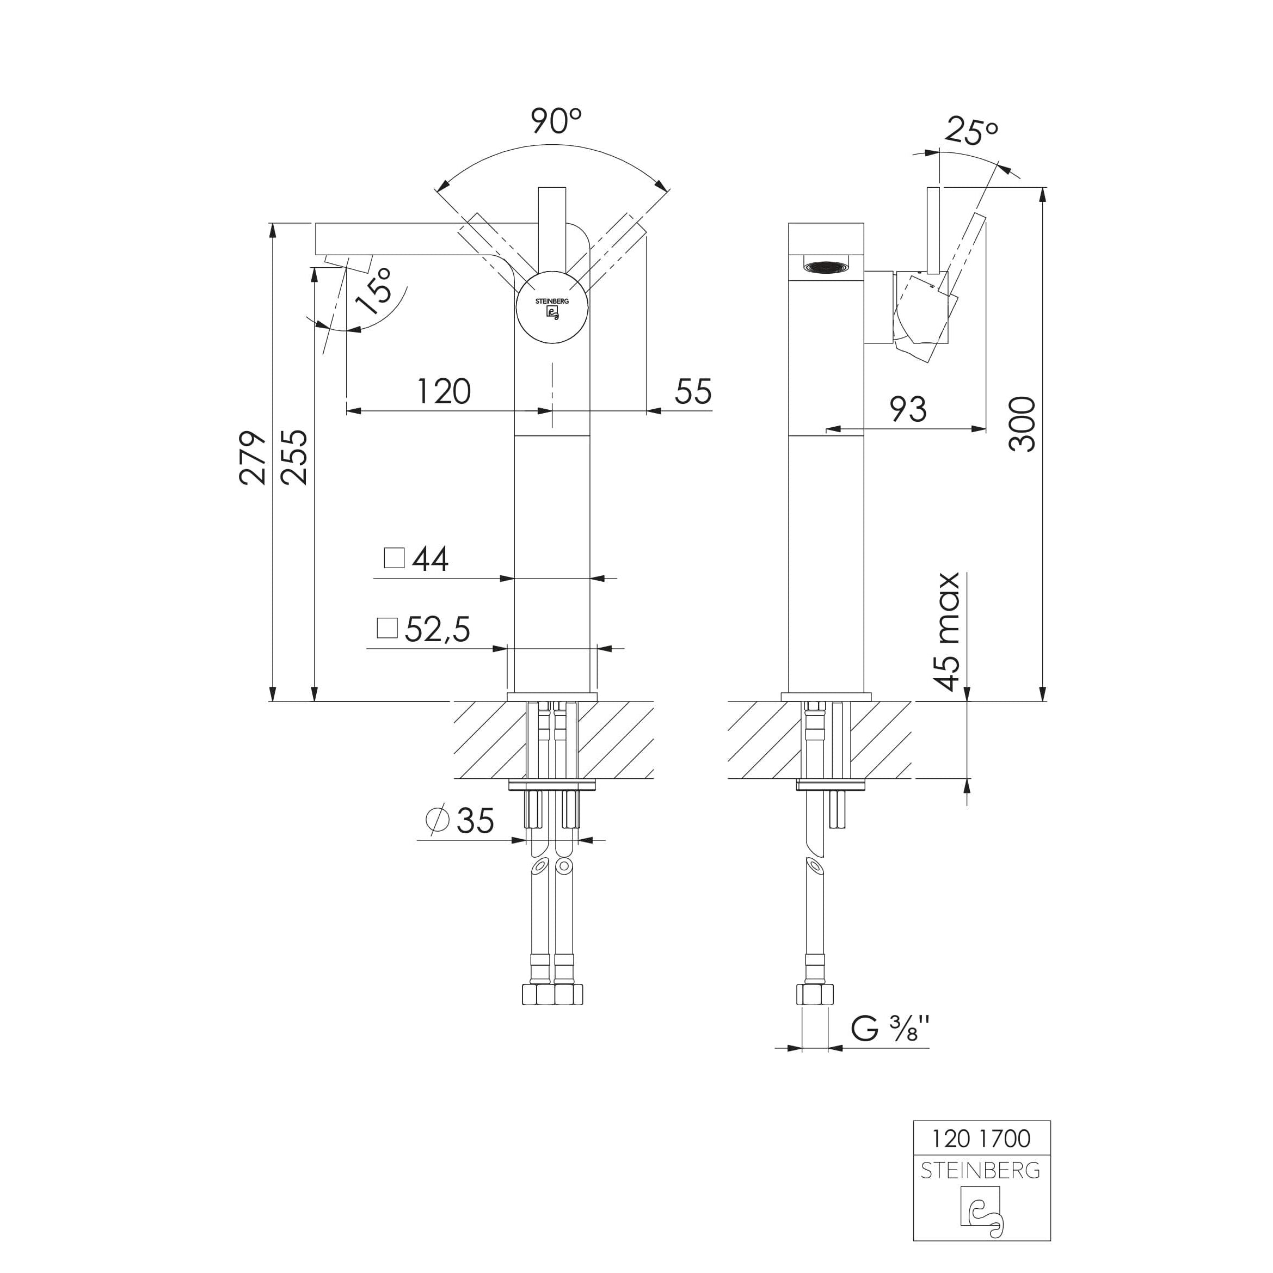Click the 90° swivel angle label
click(x=556, y=121)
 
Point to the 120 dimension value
click(x=444, y=391)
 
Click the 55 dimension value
click(x=693, y=391)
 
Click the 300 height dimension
click(x=1022, y=423)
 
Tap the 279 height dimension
click(x=253, y=458)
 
